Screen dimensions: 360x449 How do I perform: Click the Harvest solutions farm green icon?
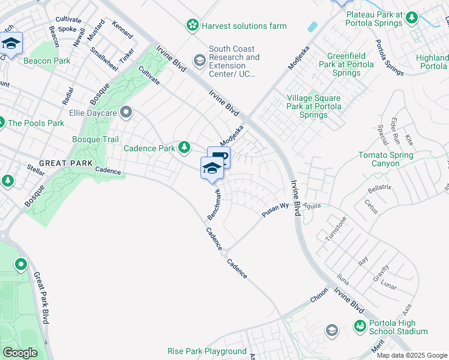192,26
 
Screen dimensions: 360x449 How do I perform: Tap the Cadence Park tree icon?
185,147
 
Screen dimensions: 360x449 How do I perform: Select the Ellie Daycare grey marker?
126,112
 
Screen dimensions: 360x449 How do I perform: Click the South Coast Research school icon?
199,59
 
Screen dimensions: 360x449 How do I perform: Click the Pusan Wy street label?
275,210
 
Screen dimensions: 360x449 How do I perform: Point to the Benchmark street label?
214,204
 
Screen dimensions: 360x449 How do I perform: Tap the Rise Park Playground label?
207,351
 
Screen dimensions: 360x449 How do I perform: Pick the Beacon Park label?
47,61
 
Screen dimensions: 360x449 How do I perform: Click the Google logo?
20,353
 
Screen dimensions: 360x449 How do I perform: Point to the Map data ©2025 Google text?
412,355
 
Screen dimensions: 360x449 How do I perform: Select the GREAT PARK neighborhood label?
65,163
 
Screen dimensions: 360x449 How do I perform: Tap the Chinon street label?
319,295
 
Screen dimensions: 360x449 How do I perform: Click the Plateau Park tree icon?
412,18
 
